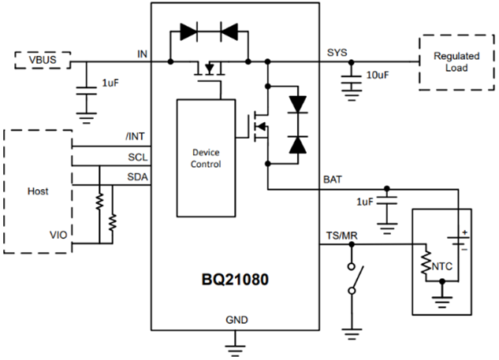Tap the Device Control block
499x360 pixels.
point(206,158)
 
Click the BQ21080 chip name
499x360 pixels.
point(235,280)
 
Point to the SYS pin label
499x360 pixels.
point(337,53)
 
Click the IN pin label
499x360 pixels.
point(143,53)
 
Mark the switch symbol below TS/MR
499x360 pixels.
point(353,280)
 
